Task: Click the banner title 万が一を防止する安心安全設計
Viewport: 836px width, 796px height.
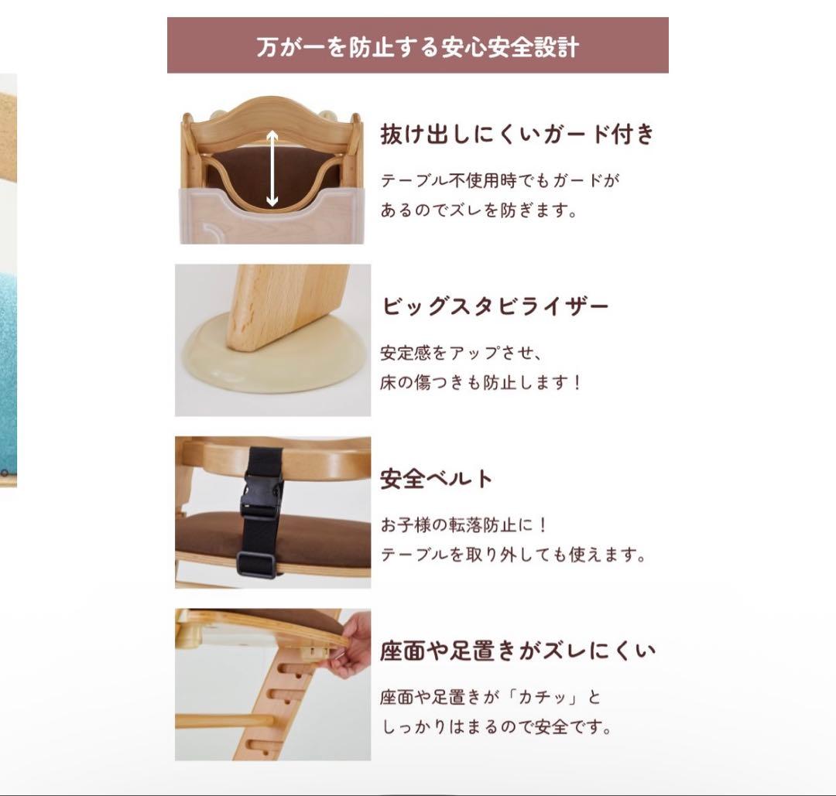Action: click(417, 46)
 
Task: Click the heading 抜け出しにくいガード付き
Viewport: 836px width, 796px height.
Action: click(517, 135)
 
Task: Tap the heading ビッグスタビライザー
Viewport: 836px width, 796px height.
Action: click(495, 306)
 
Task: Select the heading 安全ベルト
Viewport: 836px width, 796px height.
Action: click(436, 479)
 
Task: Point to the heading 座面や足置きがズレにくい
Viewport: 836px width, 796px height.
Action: click(517, 651)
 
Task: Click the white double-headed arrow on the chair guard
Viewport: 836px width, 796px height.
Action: click(272, 169)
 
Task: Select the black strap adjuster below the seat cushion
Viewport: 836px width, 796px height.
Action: click(257, 565)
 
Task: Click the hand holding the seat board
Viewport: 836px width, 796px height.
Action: click(352, 646)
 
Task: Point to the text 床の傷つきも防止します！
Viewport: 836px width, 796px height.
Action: click(480, 383)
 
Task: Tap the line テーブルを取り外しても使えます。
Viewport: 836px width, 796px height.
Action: click(512, 555)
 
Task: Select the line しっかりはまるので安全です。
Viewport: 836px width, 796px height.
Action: click(495, 727)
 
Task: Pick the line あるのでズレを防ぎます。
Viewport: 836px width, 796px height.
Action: click(478, 210)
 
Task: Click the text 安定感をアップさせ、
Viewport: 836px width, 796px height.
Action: click(461, 354)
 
